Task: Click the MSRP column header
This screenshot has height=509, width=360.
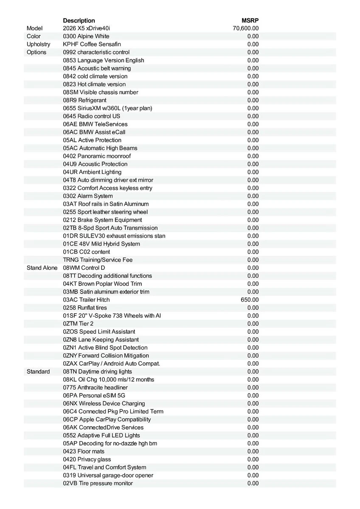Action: [250, 20]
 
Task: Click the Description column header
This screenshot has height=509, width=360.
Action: [79, 20]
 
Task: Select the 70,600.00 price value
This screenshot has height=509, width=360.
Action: [246, 28]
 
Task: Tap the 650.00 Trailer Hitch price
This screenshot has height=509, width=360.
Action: [250, 300]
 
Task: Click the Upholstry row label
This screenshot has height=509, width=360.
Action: [38, 44]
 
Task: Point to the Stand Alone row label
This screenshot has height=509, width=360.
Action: [42, 268]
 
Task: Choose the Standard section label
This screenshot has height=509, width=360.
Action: [38, 372]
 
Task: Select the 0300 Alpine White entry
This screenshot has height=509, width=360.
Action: [86, 36]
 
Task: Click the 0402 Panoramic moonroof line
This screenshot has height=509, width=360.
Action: [97, 156]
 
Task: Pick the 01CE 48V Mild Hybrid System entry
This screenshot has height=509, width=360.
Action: [101, 244]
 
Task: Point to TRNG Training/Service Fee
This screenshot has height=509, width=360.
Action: [98, 260]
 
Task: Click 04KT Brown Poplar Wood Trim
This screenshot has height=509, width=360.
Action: [102, 284]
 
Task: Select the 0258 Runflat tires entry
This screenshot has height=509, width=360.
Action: [85, 308]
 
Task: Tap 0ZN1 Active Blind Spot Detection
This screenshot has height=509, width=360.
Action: [105, 348]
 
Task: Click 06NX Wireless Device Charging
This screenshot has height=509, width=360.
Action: [104, 403]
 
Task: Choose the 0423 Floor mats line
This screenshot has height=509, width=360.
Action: [84, 451]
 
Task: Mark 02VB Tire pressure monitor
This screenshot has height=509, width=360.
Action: [98, 484]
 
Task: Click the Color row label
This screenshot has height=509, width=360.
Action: [34, 36]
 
